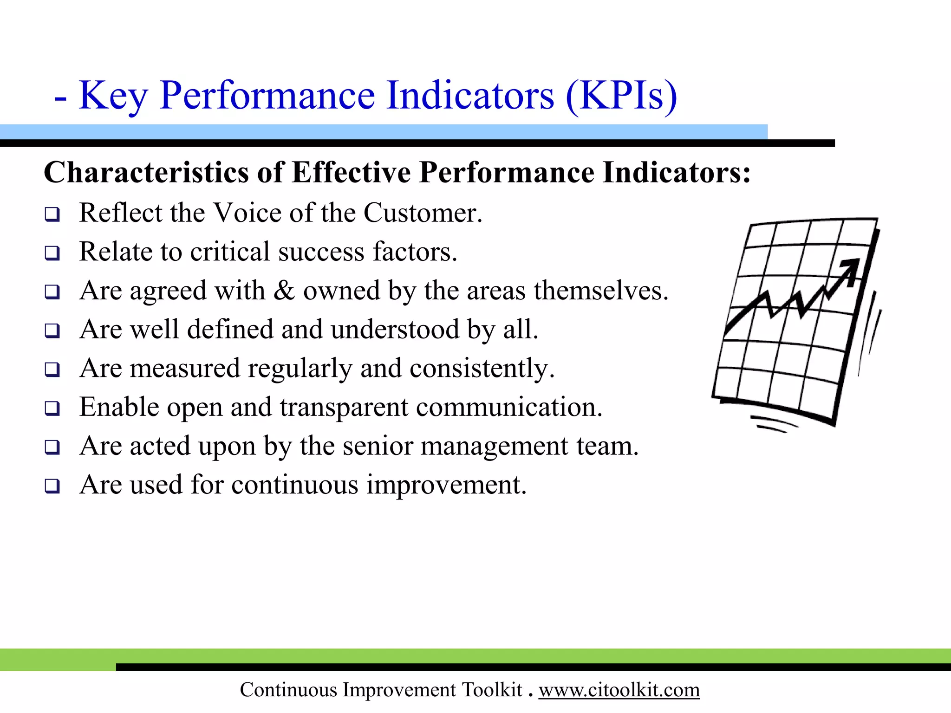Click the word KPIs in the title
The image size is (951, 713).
[621, 96]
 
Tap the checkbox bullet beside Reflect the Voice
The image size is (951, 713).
[52, 214]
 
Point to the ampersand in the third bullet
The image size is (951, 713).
[284, 291]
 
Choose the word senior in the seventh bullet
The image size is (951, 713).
[378, 446]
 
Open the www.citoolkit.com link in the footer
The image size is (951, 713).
[619, 690]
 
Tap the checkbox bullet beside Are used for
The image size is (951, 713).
[52, 486]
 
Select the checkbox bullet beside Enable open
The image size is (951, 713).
[52, 408]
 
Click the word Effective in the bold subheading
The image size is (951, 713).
[351, 173]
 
